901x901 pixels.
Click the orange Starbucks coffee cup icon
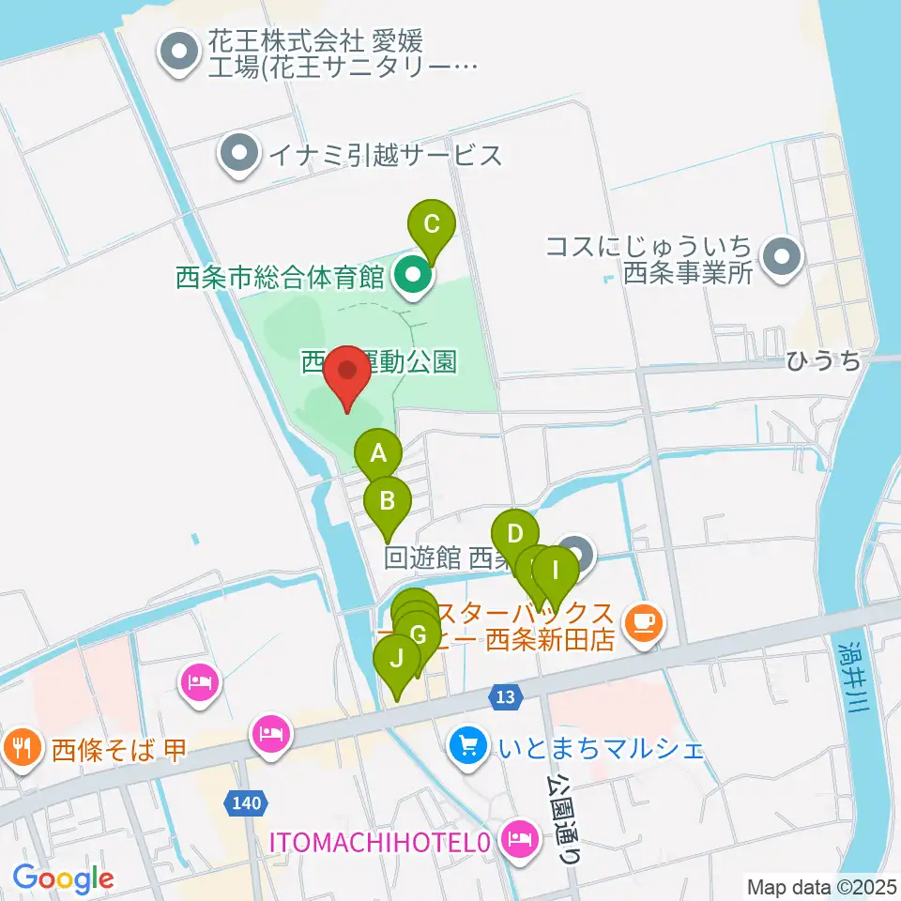point(644,620)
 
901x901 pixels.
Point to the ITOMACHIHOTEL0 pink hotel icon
point(517,834)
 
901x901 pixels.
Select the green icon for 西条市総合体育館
point(411,277)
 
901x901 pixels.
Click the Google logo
point(63,879)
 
